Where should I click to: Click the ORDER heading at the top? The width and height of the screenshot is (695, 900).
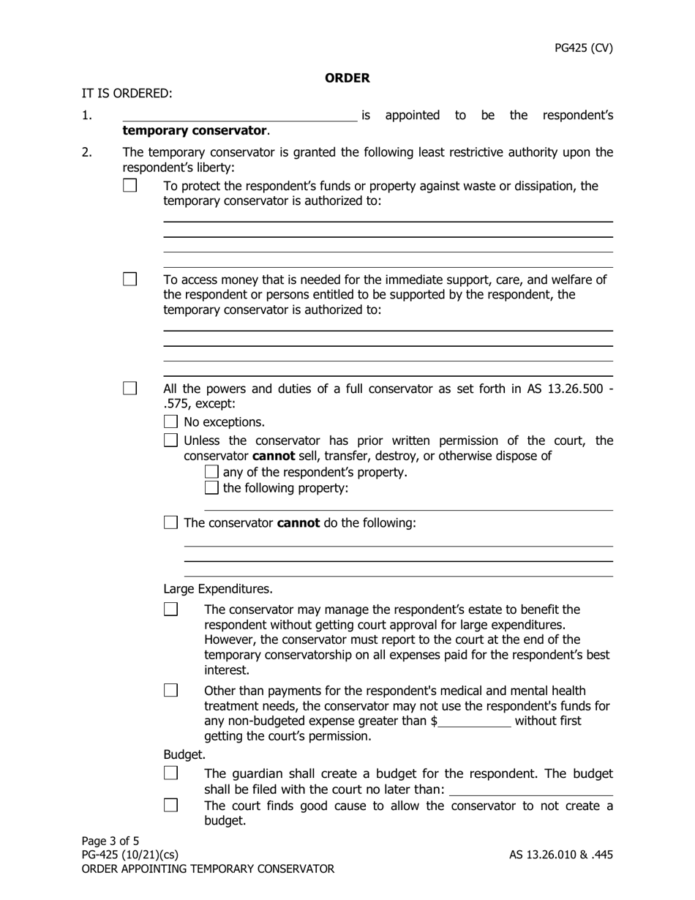click(x=347, y=78)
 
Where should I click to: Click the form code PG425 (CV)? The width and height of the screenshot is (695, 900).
click(x=583, y=48)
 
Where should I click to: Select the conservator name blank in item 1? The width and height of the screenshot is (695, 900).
click(x=239, y=115)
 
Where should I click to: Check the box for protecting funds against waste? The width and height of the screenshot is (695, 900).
click(x=130, y=186)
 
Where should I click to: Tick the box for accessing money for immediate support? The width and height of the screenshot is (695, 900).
click(x=130, y=280)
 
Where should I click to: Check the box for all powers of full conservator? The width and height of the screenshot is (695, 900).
click(x=130, y=389)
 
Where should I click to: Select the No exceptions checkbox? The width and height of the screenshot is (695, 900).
click(x=170, y=421)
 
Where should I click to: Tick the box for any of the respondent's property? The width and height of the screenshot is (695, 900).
click(x=211, y=472)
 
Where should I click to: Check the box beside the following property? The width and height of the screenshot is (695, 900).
click(x=211, y=487)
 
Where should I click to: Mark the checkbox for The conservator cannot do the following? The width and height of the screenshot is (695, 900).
click(x=170, y=522)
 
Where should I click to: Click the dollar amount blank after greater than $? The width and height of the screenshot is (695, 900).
click(x=475, y=721)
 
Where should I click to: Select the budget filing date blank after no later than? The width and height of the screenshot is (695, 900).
click(x=531, y=790)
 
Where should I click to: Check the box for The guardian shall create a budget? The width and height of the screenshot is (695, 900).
click(x=170, y=773)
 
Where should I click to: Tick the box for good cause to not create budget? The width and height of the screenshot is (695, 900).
click(x=170, y=806)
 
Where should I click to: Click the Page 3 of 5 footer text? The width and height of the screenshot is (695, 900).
click(x=110, y=841)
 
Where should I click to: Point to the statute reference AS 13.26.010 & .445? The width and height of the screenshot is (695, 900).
click(x=561, y=855)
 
